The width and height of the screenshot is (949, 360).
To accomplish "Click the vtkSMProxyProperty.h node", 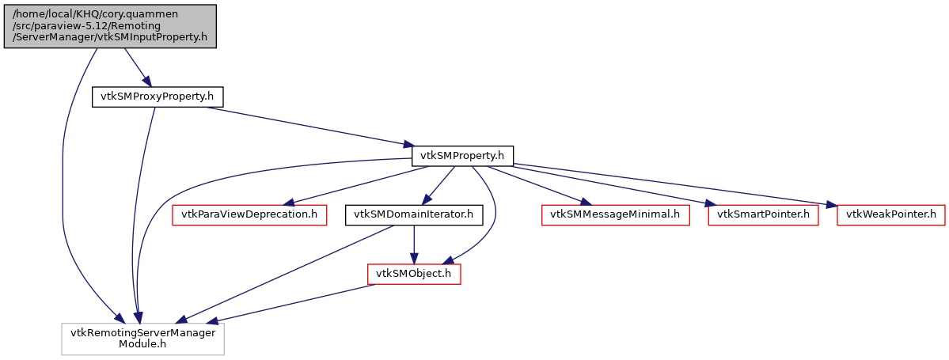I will [158, 97].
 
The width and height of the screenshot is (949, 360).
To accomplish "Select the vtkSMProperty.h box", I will [462, 156].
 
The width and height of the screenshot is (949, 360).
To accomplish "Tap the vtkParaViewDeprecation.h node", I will [249, 214].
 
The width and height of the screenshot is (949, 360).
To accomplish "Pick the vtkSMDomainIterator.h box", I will [412, 214].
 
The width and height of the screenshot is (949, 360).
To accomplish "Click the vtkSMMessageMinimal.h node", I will [615, 214].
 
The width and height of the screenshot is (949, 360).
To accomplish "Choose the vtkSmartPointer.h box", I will [763, 214].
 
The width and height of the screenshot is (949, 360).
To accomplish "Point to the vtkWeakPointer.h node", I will [891, 214].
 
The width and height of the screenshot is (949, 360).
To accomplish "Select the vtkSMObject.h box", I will [414, 274].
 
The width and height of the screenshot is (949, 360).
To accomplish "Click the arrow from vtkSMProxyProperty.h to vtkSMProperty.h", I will [309, 126].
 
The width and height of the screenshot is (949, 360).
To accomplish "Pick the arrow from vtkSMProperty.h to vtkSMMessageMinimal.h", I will [538, 184].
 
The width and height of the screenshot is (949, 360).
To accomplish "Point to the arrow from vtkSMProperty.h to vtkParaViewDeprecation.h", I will [356, 184].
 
